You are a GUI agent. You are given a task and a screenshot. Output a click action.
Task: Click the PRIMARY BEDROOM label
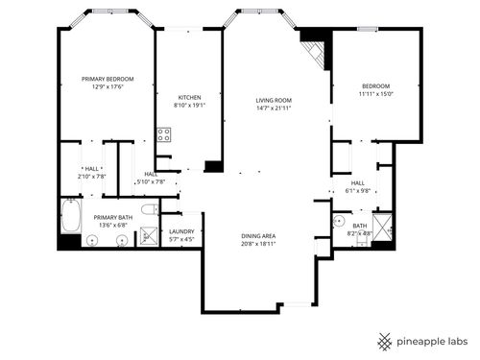pyautogui.click(x=107, y=79)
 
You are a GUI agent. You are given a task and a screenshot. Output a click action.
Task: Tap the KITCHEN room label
pyautogui.click(x=189, y=98)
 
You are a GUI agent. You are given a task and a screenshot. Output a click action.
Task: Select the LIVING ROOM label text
pyautogui.click(x=274, y=100)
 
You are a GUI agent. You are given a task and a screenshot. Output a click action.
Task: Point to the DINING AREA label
pyautogui.click(x=259, y=236)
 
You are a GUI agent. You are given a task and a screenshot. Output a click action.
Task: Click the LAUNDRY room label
pyautogui.click(x=181, y=231)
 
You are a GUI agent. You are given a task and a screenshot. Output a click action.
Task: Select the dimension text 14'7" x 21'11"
pyautogui.click(x=274, y=108)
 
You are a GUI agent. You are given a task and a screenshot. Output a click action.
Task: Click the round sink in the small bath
pyautogui.click(x=338, y=220)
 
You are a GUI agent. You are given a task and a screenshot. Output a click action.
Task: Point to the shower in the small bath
pyautogui.click(x=383, y=228)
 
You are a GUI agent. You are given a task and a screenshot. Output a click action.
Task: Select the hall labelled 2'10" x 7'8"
pyautogui.click(x=92, y=173)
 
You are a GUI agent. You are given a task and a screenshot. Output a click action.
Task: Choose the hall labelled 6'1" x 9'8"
pyautogui.click(x=357, y=186)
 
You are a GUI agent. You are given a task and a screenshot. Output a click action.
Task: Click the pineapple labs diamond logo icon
pyautogui.click(x=382, y=341)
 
